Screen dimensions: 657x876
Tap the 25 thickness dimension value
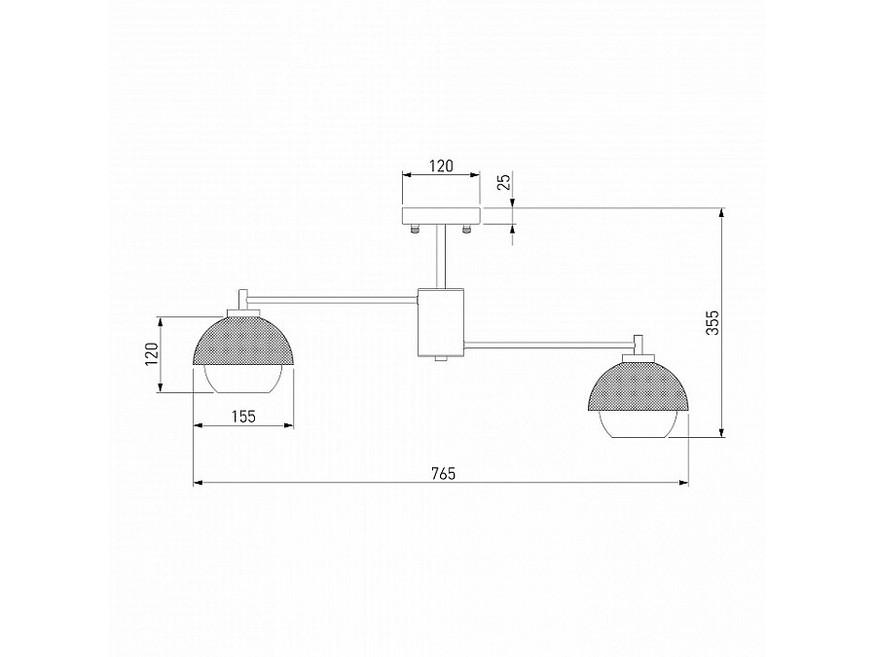(502, 184)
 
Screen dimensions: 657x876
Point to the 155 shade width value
(243, 417)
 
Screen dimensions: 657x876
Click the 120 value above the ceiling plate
(441, 166)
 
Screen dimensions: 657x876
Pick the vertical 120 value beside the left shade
(152, 353)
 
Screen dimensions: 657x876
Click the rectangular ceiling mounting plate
(441, 215)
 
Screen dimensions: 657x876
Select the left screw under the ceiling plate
(416, 230)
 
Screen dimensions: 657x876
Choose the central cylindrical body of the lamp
(441, 321)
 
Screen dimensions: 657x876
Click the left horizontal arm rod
(331, 296)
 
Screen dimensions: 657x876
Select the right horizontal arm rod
(550, 343)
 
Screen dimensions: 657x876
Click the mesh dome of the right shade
(639, 384)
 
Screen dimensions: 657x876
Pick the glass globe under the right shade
(639, 424)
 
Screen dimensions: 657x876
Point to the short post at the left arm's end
(243, 299)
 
